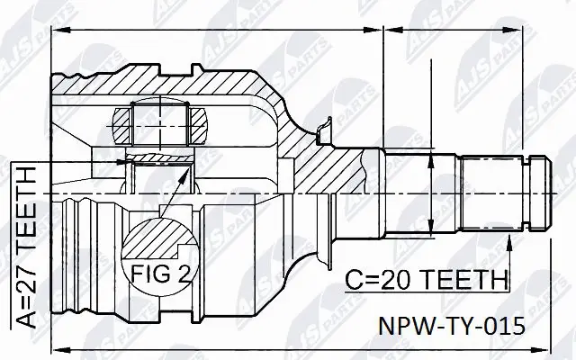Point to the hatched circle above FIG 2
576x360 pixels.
coord(157,235)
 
